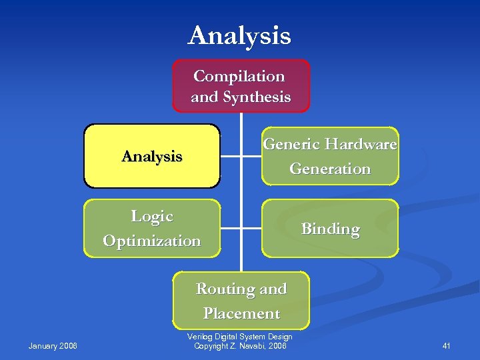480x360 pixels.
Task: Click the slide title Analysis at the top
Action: coord(239,36)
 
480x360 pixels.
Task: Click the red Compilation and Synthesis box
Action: coord(241,86)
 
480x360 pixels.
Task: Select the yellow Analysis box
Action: coord(152,156)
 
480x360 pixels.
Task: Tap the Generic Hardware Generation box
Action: coord(330,156)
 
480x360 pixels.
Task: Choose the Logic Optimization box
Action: coord(152,228)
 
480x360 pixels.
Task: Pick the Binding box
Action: coord(330,229)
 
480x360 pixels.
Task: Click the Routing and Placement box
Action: coord(241,301)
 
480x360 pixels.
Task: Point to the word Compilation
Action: coord(239,76)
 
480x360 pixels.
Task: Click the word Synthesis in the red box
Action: coord(257,97)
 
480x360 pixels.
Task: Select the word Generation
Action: coord(330,169)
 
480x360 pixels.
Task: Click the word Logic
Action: coord(152,216)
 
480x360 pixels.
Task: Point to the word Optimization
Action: coord(152,241)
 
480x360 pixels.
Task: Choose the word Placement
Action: coord(241,313)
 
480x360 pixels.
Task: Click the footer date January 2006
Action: coord(53,345)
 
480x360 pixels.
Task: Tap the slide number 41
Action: coord(447,345)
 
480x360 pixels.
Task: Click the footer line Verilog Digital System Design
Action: coord(241,337)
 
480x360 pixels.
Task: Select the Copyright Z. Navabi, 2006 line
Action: coord(241,345)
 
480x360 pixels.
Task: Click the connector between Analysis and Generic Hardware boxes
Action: coord(241,156)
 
